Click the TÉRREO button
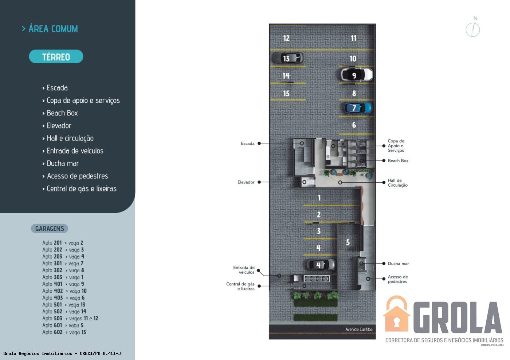[56, 56]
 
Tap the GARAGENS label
[50, 229]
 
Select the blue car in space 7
[357, 108]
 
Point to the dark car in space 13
[288, 58]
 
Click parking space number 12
[286, 38]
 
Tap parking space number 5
[348, 242]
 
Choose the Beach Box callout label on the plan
[398, 161]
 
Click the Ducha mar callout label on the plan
[398, 264]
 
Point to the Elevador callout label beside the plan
[246, 182]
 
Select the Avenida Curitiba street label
[359, 329]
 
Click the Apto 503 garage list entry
[70, 319]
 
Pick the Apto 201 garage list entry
[63, 243]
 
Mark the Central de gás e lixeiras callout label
[240, 286]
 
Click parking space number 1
[319, 198]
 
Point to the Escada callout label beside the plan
[247, 143]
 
